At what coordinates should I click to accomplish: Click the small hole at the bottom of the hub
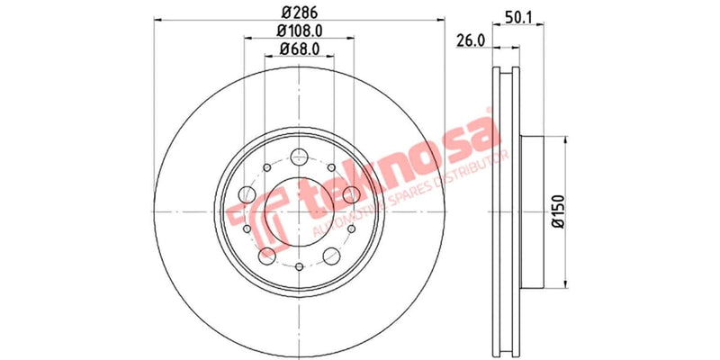pyautogui.click(x=298, y=266)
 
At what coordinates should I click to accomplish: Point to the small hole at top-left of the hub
pyautogui.click(x=267, y=168)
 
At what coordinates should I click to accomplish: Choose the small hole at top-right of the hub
pyautogui.click(x=331, y=168)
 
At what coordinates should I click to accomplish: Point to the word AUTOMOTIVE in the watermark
pyautogui.click(x=346, y=225)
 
